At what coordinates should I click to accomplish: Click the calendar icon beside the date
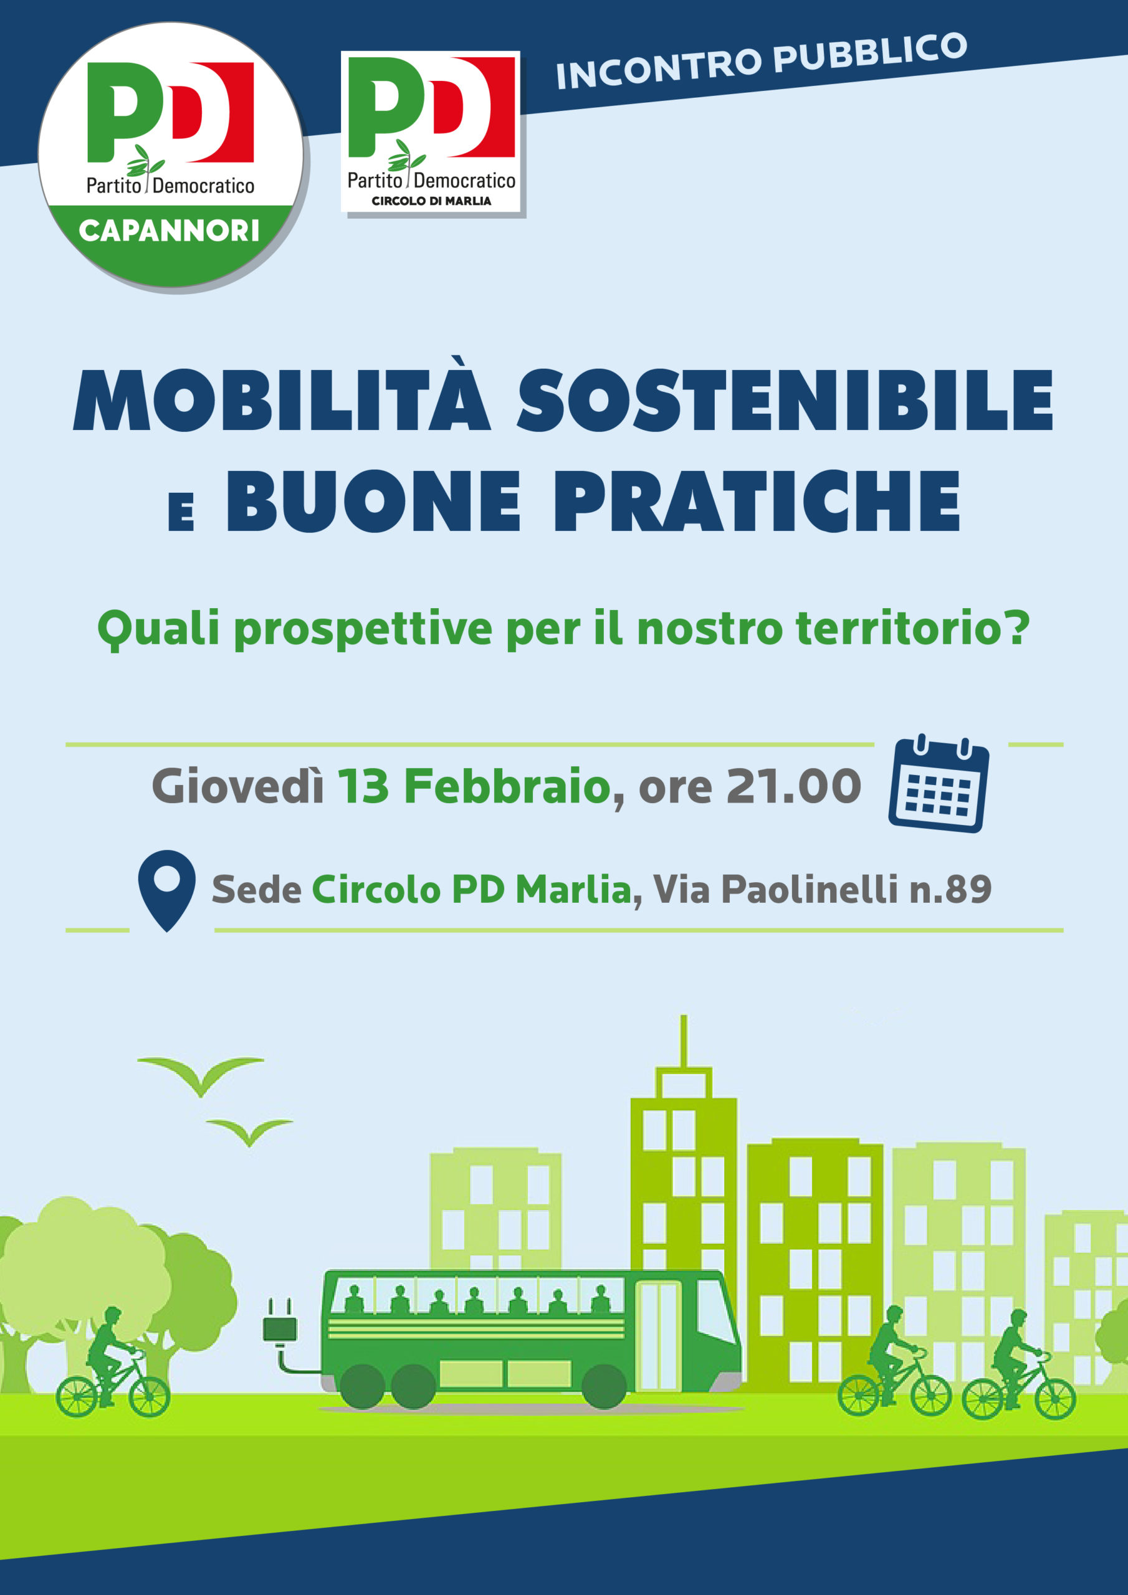[939, 783]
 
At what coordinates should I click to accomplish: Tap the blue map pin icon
[167, 890]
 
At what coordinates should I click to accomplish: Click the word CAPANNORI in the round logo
[170, 231]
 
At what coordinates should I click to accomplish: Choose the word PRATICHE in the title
[757, 501]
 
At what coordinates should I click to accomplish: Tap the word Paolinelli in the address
[810, 889]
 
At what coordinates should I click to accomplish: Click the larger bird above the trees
[201, 1074]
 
